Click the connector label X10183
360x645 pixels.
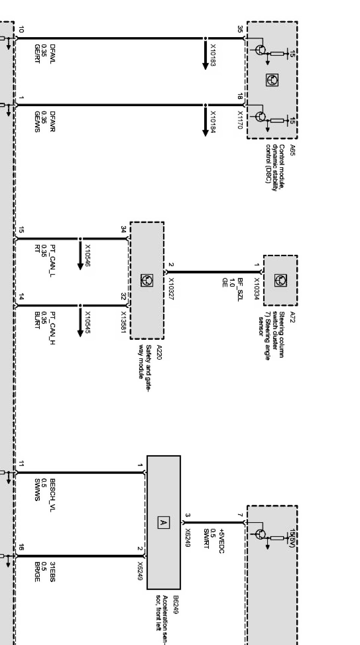tap(213, 55)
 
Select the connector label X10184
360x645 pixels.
tap(213, 122)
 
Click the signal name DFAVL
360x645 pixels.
tap(53, 53)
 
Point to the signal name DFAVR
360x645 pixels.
tap(53, 121)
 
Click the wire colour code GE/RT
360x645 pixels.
tap(37, 53)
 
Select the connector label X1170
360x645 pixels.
tap(239, 120)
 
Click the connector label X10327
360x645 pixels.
tap(171, 289)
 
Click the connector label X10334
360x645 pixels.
tap(257, 289)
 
